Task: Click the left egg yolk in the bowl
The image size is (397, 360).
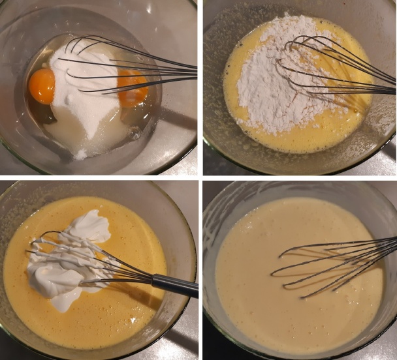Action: coord(42,85)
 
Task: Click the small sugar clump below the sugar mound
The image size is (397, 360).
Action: coord(80,154)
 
